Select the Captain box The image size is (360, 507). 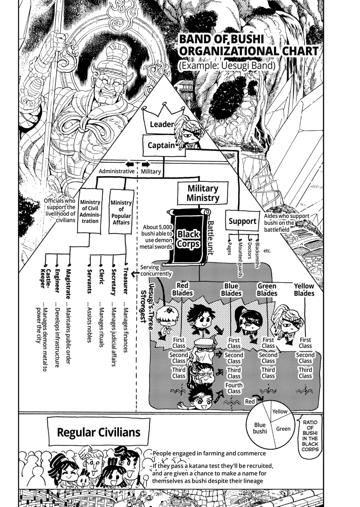164,145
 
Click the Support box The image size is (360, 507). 242,221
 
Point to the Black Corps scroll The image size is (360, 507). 188,237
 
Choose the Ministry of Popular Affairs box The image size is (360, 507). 121,212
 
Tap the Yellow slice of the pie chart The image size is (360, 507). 280,411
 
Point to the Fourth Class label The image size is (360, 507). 234,388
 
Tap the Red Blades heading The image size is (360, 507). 182,289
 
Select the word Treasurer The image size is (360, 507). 126,281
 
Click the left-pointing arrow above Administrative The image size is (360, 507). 130,164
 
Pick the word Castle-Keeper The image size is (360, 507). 46,279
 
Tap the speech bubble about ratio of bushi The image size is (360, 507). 310,436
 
